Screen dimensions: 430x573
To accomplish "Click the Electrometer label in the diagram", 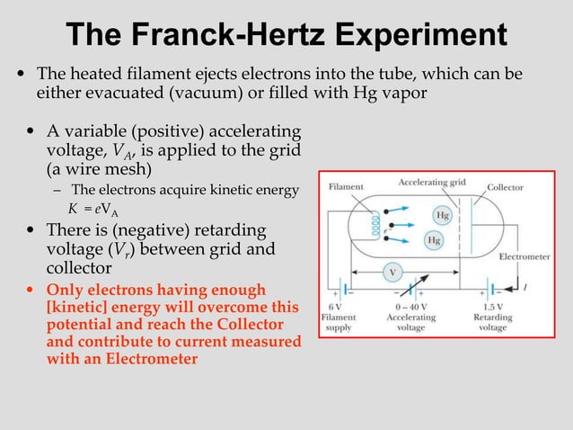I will (x=525, y=256).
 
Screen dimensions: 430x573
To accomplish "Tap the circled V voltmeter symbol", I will (x=392, y=271).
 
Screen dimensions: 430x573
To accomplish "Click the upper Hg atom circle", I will (x=442, y=216).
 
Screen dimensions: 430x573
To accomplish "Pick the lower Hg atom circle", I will (x=435, y=240).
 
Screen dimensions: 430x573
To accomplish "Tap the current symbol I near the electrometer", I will (x=525, y=288).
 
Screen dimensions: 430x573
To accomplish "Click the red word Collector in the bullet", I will (x=253, y=324).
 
